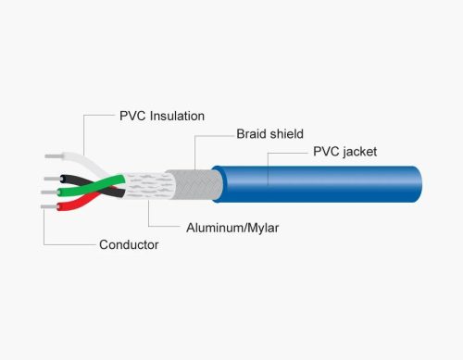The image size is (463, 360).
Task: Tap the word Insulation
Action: [177, 116]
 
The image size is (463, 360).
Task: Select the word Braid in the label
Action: [250, 134]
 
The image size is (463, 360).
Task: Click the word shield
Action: [286, 134]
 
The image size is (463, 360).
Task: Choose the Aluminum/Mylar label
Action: [232, 228]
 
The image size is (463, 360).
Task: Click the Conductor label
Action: [129, 244]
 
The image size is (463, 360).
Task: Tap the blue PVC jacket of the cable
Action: [318, 184]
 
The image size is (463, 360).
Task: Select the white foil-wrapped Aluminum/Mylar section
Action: [148, 185]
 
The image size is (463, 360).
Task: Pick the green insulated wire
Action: [91, 186]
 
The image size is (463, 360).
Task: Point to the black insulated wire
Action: [93, 186]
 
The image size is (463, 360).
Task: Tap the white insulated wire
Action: [83, 161]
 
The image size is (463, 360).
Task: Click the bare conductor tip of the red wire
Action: [49, 206]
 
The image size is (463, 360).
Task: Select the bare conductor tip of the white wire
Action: [54, 156]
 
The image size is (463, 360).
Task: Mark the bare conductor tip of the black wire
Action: [52, 179]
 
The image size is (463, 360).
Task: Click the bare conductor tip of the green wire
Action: [49, 192]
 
